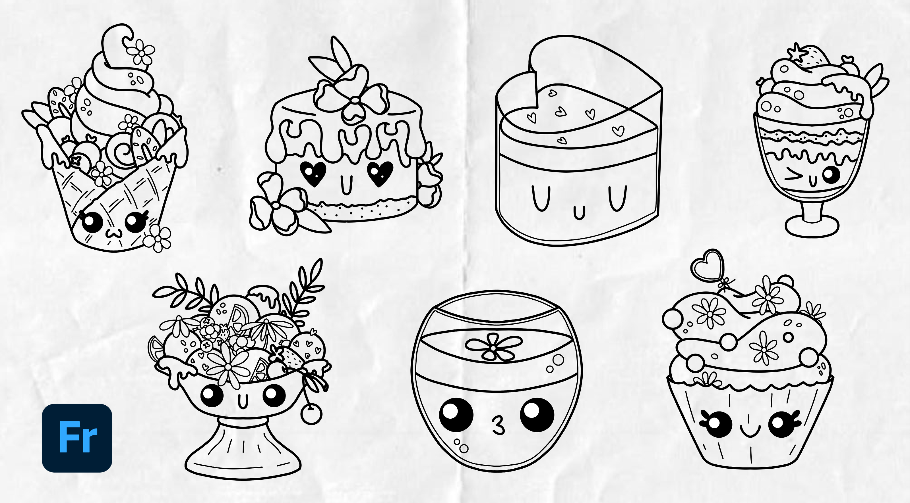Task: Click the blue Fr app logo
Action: pos(77,438)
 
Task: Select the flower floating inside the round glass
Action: pos(493,347)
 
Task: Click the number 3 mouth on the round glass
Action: pos(498,425)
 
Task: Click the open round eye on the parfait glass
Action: pos(831,174)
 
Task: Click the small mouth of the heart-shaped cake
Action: pos(579,213)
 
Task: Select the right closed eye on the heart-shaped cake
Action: pos(617,198)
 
